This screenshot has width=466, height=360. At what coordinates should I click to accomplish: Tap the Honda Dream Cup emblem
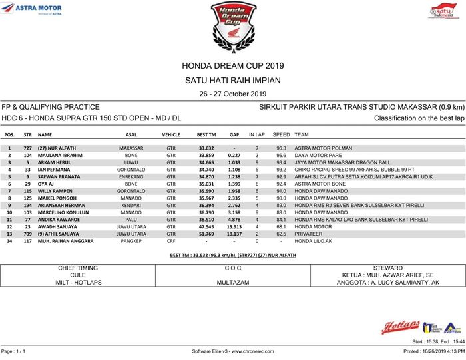tap(232, 25)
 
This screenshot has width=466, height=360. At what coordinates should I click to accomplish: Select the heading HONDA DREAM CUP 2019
tap(232, 65)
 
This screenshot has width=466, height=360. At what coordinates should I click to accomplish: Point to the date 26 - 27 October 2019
tap(232, 94)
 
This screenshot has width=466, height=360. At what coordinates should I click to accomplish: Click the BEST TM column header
tap(206, 134)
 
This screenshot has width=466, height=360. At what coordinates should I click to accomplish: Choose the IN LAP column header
tap(256, 134)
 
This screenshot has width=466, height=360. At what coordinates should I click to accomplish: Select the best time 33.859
tap(206, 155)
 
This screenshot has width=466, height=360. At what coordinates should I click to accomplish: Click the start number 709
tap(28, 234)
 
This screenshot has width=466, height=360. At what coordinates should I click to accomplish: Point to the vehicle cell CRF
tap(171, 241)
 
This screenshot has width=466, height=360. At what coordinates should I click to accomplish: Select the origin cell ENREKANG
tap(131, 176)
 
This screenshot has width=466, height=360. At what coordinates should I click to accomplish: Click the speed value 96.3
tap(281, 148)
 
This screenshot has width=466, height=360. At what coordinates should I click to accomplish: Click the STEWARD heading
tap(387, 268)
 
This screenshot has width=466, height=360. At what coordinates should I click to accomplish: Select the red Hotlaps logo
tap(399, 327)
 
